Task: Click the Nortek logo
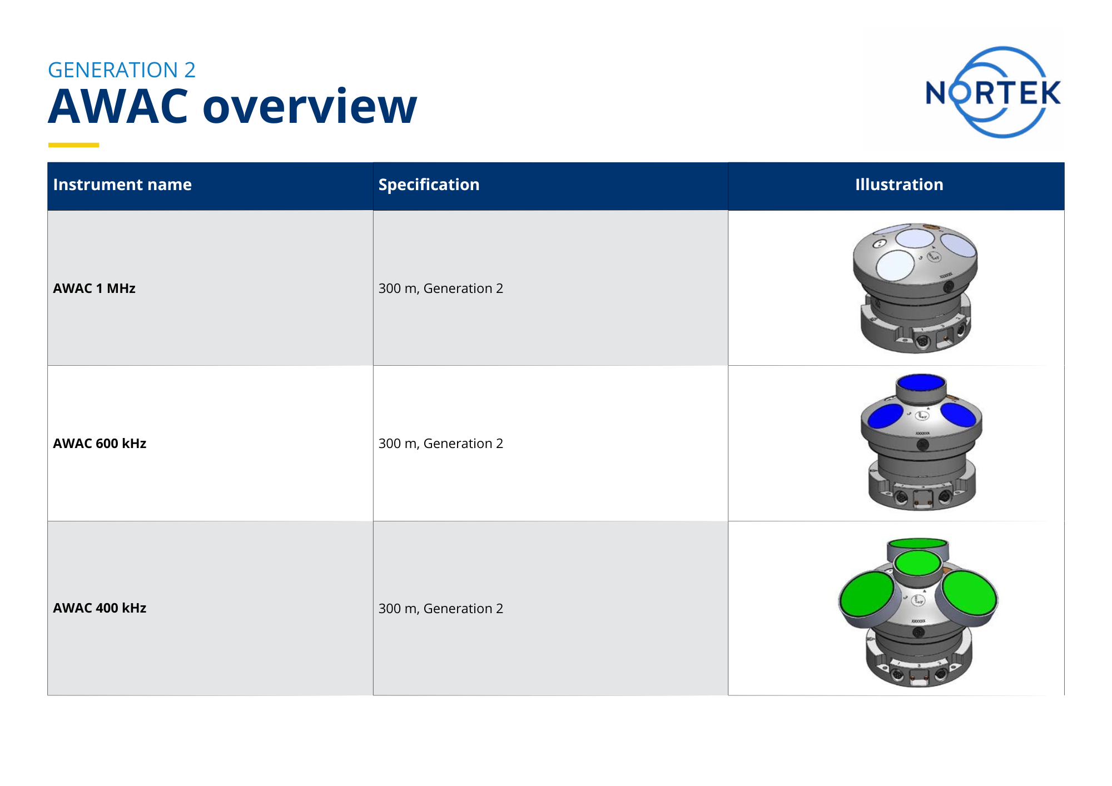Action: [x=993, y=92]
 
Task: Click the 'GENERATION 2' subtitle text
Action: [x=122, y=70]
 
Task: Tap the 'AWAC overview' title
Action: [x=232, y=106]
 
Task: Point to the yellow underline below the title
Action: [x=73, y=145]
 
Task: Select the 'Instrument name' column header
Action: [x=122, y=185]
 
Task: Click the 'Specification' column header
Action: [x=429, y=185]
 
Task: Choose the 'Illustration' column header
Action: [x=899, y=185]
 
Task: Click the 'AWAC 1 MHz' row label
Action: [x=95, y=288]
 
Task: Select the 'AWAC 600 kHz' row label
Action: [x=100, y=444]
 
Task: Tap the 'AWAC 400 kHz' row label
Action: [x=100, y=608]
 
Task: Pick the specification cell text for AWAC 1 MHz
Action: [x=440, y=288]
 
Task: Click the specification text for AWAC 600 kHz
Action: [x=440, y=444]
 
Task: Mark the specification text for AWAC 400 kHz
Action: [x=440, y=609]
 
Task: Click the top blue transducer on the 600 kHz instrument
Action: [x=921, y=382]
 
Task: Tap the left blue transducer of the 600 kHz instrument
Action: [x=885, y=416]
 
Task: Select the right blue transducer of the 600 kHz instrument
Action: [x=958, y=415]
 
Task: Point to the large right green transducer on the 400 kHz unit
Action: [x=970, y=593]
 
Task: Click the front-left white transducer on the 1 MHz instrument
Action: [x=895, y=265]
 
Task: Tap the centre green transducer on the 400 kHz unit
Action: [x=918, y=563]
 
